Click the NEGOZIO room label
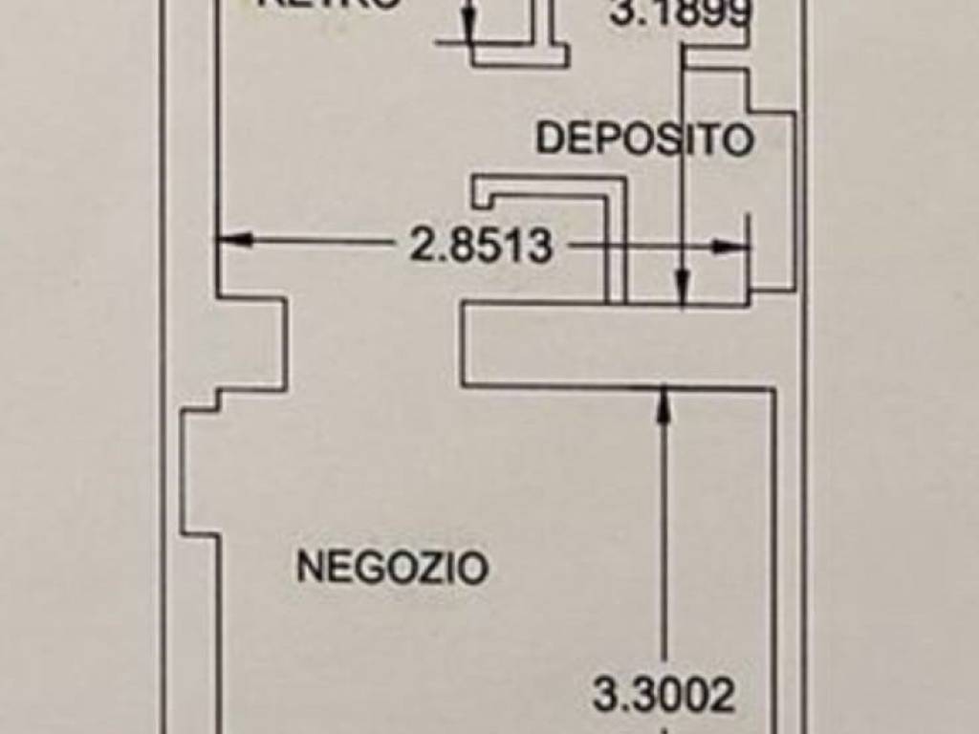[x=392, y=567]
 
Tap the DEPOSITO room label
[x=644, y=140]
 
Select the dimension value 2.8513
[x=481, y=246]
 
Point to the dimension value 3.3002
[x=664, y=695]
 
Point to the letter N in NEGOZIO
[x=308, y=568]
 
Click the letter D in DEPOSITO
[x=548, y=140]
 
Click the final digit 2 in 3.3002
[x=723, y=696]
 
